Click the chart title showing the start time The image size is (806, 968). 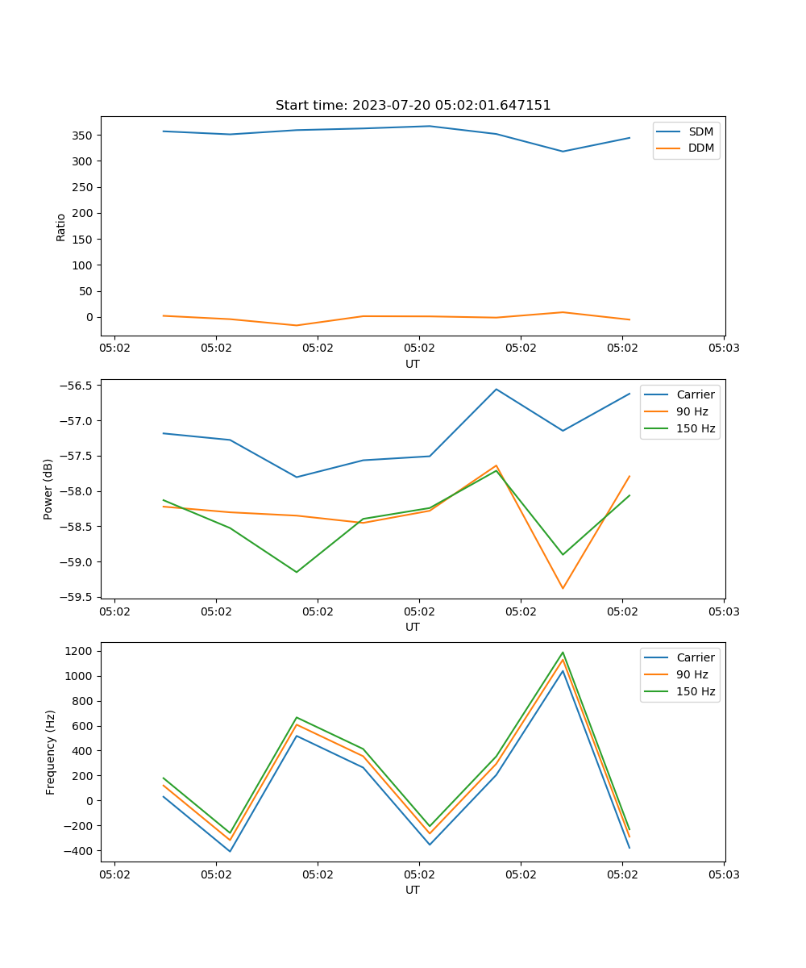pyautogui.click(x=413, y=106)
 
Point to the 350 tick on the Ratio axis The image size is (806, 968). pyautogui.click(x=84, y=136)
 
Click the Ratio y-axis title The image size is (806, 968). pyautogui.click(x=61, y=227)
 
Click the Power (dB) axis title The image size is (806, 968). pyautogui.click(x=48, y=489)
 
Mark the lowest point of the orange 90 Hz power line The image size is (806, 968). pyautogui.click(x=563, y=588)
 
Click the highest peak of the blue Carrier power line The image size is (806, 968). pyautogui.click(x=496, y=389)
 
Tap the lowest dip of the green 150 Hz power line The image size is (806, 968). pyautogui.click(x=297, y=572)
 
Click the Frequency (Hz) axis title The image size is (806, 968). pyautogui.click(x=51, y=752)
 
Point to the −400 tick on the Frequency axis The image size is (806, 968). pyautogui.click(x=79, y=851)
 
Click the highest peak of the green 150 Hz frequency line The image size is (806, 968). pyautogui.click(x=563, y=653)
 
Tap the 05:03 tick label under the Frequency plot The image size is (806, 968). pyautogui.click(x=724, y=874)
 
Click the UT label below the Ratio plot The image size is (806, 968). pyautogui.click(x=413, y=364)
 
